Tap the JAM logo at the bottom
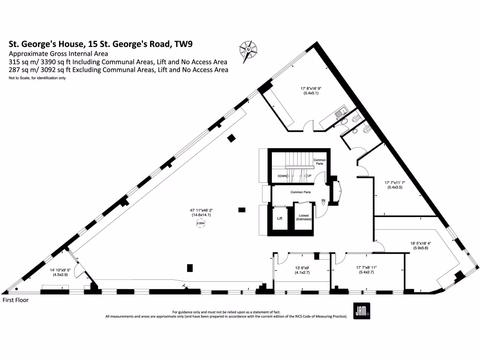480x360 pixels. coord(361,309)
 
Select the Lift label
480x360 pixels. coord(280,218)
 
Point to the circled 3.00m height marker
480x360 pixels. coord(201,224)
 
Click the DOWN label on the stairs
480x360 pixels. coord(282,176)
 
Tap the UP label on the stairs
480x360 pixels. coord(309,176)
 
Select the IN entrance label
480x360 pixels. coord(323,201)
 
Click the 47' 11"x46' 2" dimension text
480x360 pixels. coord(201,212)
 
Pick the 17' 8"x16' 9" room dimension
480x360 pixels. coord(311,90)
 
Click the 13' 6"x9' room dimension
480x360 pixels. coord(300,270)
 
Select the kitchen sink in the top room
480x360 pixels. coord(341,112)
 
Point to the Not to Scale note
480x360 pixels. coord(37,78)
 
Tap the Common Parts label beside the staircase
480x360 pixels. coord(320,162)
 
